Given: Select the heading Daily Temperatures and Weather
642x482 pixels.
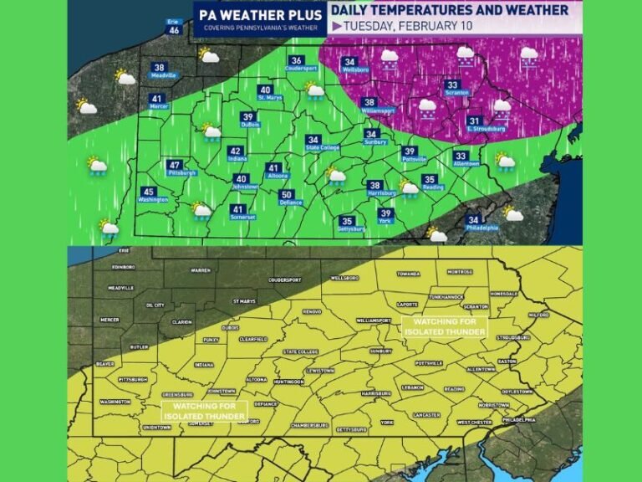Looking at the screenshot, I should click(x=450, y=10).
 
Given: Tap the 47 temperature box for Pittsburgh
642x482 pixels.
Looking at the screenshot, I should click(x=174, y=166).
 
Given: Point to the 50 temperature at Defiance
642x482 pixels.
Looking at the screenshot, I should click(x=286, y=195).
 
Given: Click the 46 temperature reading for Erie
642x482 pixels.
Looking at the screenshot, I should click(x=174, y=30).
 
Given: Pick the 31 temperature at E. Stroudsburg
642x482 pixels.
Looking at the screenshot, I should click(x=474, y=120).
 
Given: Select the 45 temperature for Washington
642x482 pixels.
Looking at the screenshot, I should click(x=149, y=192).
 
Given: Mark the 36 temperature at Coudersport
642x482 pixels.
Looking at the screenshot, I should click(x=295, y=60).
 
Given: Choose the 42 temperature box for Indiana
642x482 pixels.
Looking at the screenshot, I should click(x=236, y=151).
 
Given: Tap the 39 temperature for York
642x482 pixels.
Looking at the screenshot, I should click(x=385, y=213).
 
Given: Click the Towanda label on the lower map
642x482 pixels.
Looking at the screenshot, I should click(x=408, y=273).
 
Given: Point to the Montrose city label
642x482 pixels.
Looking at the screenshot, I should click(x=459, y=272).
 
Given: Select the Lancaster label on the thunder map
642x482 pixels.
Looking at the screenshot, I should click(x=426, y=414).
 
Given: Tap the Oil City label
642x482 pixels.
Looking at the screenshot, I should click(x=154, y=305).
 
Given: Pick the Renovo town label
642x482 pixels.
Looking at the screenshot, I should click(x=311, y=311).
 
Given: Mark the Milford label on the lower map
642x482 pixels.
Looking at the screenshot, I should click(x=538, y=315).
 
